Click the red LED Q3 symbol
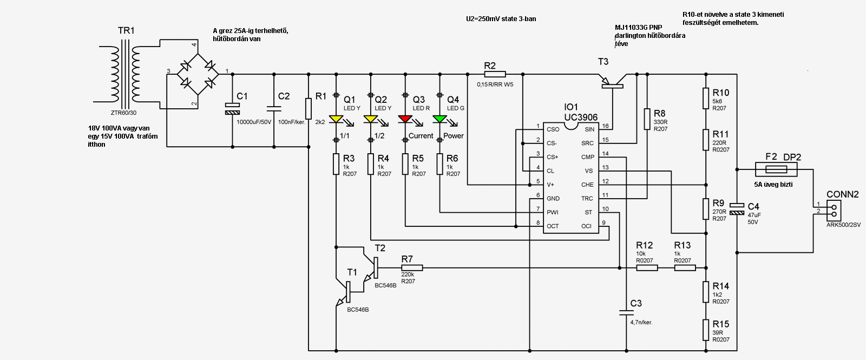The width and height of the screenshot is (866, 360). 405,119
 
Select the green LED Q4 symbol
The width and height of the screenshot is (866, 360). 440,119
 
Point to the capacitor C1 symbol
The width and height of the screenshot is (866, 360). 232,108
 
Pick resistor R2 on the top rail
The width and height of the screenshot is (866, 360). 494,74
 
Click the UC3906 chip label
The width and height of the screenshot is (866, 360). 581,117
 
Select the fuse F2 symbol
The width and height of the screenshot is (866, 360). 776,170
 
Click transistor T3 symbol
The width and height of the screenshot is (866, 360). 612,83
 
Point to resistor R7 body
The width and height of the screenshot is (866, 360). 411,267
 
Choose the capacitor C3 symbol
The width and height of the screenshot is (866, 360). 626,312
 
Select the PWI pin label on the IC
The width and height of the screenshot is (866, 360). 553,212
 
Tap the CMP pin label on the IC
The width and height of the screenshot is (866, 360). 588,157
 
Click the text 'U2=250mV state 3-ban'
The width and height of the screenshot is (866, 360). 501,19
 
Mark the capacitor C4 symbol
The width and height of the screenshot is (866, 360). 737,209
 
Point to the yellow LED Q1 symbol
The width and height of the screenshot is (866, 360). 336,119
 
